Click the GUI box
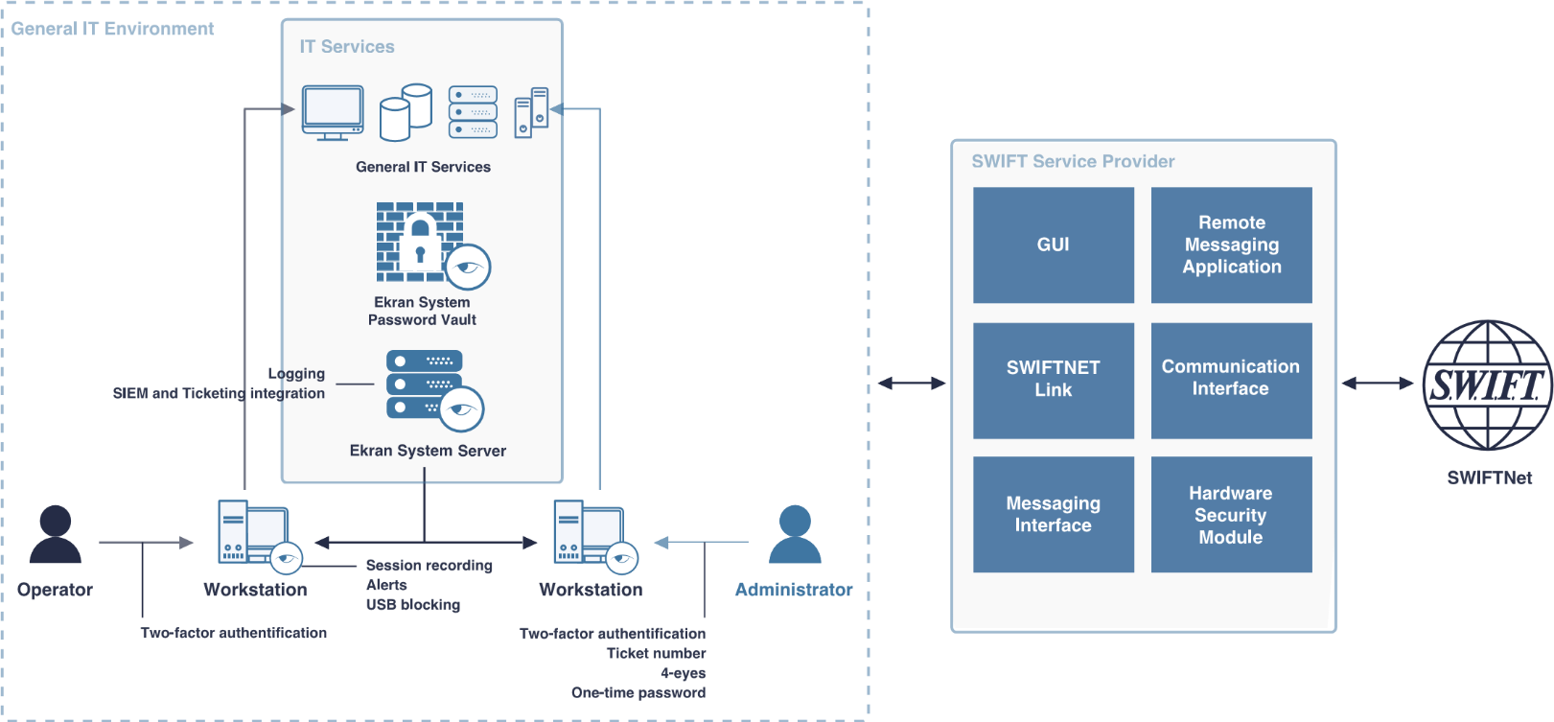(1053, 245)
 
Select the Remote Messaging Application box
(1231, 245)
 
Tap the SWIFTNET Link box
(1053, 380)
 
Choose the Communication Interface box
(1231, 380)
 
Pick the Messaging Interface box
(1053, 514)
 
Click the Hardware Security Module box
(1231, 514)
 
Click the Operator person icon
(55, 535)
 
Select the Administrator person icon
(795, 535)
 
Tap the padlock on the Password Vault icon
(419, 243)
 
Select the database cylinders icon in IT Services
(406, 112)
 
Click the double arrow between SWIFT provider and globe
(1378, 384)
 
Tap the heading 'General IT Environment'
(112, 29)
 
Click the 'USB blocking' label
(412, 605)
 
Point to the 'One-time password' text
(638, 692)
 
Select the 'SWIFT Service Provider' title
(1073, 161)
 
